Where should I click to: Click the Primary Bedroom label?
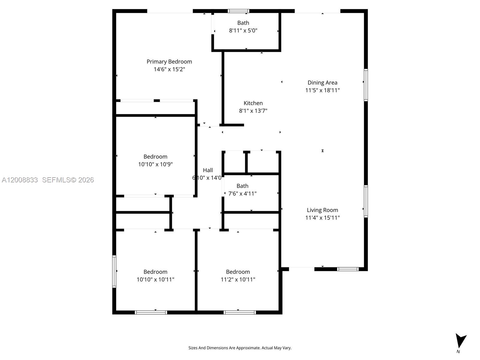169,61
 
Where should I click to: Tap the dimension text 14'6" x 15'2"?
169,69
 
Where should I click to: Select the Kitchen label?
253,103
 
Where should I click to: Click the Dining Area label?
322,82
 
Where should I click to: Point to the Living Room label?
322,210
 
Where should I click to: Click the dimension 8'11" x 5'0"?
243,30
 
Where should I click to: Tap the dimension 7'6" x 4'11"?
242,193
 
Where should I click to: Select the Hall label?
208,170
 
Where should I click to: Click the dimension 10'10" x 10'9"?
155,164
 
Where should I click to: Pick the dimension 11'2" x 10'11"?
238,279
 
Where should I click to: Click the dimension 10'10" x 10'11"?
155,279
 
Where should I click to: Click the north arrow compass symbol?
460,341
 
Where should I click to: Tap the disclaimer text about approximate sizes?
240,348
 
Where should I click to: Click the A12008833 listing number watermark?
20,180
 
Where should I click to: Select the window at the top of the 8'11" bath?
238,11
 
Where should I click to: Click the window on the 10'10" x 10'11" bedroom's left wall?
114,271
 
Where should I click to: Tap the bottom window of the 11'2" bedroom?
239,312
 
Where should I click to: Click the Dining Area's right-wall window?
366,85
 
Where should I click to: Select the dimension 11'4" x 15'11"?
322,218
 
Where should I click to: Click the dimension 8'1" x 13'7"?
253,111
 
